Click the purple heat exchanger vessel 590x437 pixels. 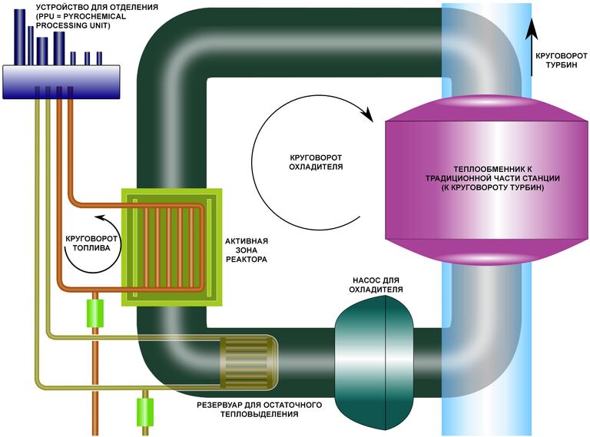(484, 223)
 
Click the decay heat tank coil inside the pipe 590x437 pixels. (241, 360)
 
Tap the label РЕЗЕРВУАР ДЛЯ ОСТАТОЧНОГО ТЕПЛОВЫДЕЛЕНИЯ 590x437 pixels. (260, 409)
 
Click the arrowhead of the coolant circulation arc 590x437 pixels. (368, 116)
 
